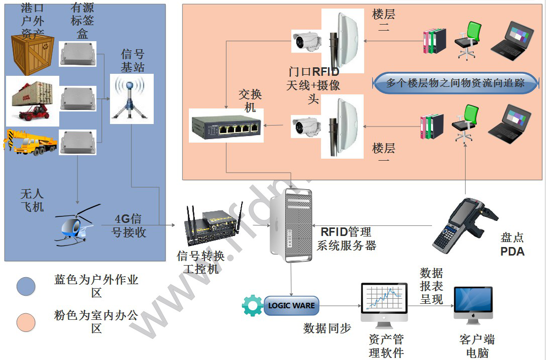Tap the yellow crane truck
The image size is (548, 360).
tap(32, 142)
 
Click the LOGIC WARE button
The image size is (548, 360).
tap(291, 305)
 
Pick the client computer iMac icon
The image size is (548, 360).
tap(473, 306)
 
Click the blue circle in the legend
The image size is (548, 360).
tap(26, 286)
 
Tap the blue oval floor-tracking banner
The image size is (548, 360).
tap(455, 83)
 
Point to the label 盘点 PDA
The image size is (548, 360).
tap(512, 244)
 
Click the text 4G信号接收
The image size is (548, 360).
tap(128, 226)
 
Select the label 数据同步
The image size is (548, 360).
tap(327, 328)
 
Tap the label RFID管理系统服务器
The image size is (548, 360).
tap(346, 238)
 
